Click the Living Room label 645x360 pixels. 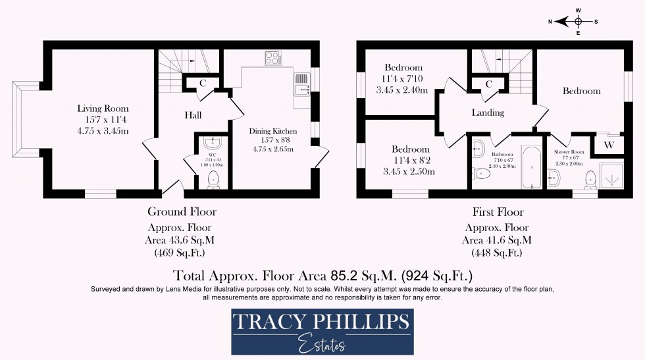pos(103,109)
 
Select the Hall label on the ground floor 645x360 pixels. pos(193,115)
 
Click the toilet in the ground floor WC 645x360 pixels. pos(213,179)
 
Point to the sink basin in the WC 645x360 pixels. pos(212,143)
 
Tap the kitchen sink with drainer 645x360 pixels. pos(300,86)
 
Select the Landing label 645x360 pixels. pos(488,113)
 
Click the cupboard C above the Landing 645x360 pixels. pos(489,84)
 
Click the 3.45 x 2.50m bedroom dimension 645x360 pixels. pos(410,172)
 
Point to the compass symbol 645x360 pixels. pos(577,20)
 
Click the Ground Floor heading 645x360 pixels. pos(182,212)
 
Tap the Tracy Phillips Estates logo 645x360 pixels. pos(322,333)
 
